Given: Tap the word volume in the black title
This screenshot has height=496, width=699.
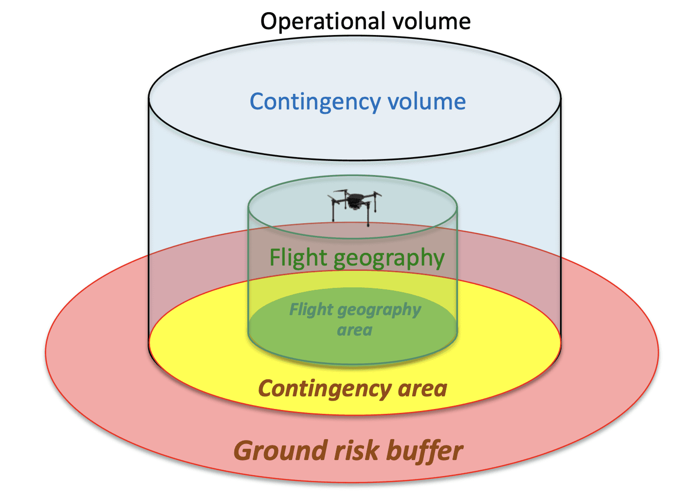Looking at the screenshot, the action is [x=432, y=21].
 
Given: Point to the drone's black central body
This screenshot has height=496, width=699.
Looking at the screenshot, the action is [x=354, y=200].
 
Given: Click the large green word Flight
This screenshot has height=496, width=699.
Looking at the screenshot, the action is [x=298, y=257].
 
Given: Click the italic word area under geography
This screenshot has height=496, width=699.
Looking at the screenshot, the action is [x=355, y=331].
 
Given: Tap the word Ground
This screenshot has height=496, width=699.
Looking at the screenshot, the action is [x=281, y=451].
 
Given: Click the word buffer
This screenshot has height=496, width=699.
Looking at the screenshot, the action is [x=425, y=451].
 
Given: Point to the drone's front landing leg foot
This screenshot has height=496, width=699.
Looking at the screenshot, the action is [x=368, y=225].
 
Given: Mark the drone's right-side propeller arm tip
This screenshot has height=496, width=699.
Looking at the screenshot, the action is [x=380, y=194].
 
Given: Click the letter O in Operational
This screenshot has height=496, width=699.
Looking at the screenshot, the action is [x=269, y=21].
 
